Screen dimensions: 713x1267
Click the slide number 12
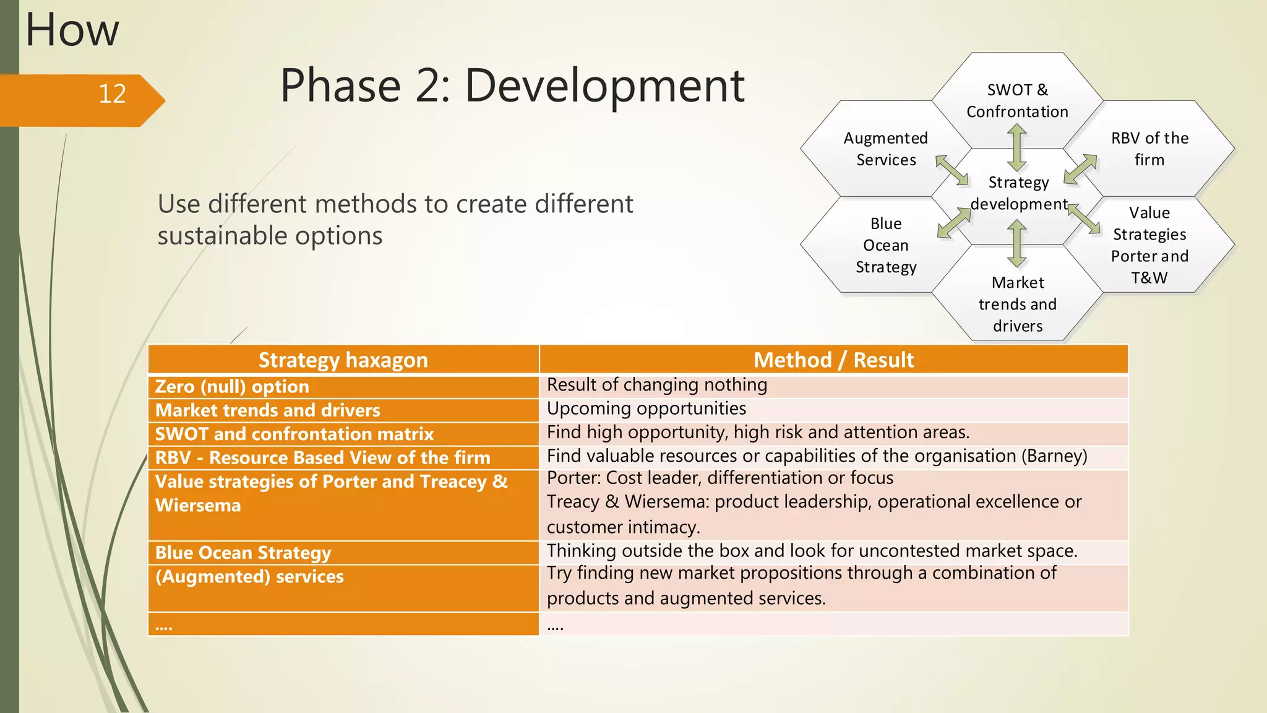(112, 94)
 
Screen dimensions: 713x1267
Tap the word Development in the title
(604, 85)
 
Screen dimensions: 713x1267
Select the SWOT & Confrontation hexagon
(1017, 100)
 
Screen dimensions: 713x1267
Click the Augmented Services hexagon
(885, 149)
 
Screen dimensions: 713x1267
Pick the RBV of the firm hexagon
(1149, 149)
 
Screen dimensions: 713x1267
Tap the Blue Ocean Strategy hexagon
(885, 245)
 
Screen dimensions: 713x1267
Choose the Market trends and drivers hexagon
(1017, 304)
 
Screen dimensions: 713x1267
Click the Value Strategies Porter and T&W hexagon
(1149, 245)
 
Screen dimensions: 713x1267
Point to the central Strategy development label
(1018, 193)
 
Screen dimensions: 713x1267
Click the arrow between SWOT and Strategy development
(1017, 147)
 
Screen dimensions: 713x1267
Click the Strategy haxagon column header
(343, 360)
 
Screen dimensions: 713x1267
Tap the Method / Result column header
(833, 360)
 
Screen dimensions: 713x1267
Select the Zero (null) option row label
(232, 387)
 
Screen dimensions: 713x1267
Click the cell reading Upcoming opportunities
(646, 408)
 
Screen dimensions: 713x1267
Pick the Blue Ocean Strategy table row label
(243, 553)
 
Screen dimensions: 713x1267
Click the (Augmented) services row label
(249, 577)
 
